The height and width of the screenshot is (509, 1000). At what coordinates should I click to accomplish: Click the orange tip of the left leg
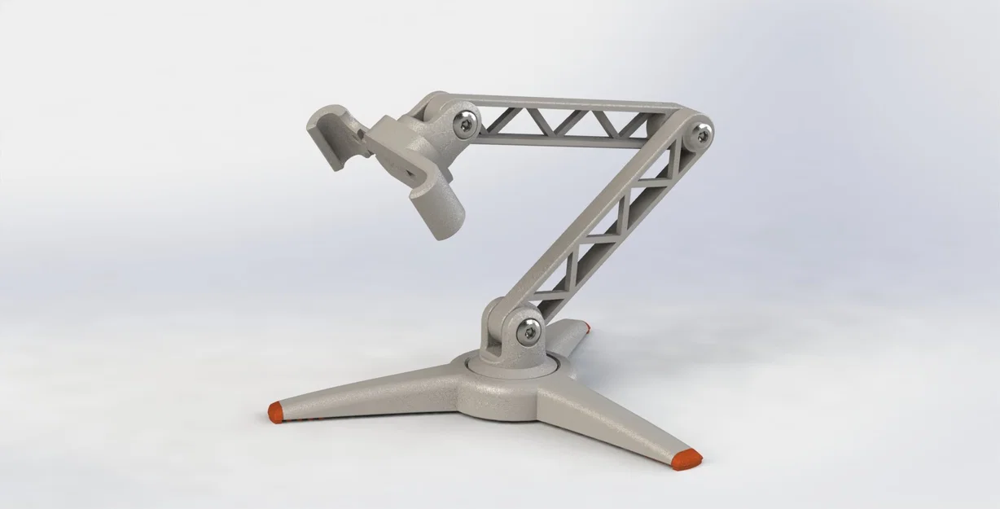click(x=276, y=411)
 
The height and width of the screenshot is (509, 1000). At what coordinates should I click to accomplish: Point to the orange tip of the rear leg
click(x=586, y=327)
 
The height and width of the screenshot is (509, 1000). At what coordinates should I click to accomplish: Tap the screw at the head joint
click(x=466, y=124)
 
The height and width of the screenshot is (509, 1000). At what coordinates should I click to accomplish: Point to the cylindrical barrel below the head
click(x=436, y=211)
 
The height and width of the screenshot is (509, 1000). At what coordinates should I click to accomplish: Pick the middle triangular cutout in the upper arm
click(x=570, y=122)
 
